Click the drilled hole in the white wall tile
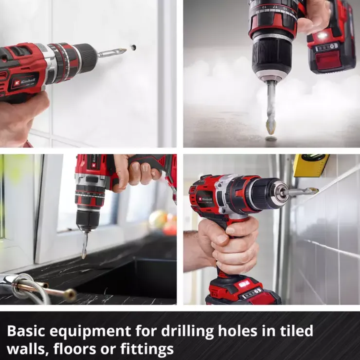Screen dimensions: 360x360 pos(133,48)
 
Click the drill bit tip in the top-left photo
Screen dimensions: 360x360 pos(125,50)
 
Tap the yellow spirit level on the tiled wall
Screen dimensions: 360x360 pos(311,165)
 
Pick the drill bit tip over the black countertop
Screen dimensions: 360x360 pos(84,255)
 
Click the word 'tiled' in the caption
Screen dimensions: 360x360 pos(297,331)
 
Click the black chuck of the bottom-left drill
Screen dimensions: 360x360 pos(89,220)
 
